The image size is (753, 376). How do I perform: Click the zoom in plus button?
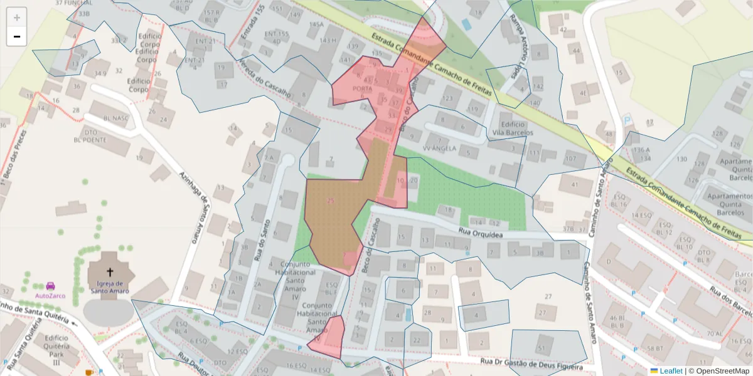coord(16,17)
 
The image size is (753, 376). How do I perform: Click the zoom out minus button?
coord(16,36)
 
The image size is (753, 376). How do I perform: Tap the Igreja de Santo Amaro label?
coord(109,286)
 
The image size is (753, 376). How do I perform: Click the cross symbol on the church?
coord(110,272)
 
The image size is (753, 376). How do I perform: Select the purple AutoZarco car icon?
coord(51,285)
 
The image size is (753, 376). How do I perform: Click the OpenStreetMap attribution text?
coord(718,371)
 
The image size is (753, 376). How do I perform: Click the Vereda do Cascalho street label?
coord(264,78)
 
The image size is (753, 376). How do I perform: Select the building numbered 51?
coord(541,348)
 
